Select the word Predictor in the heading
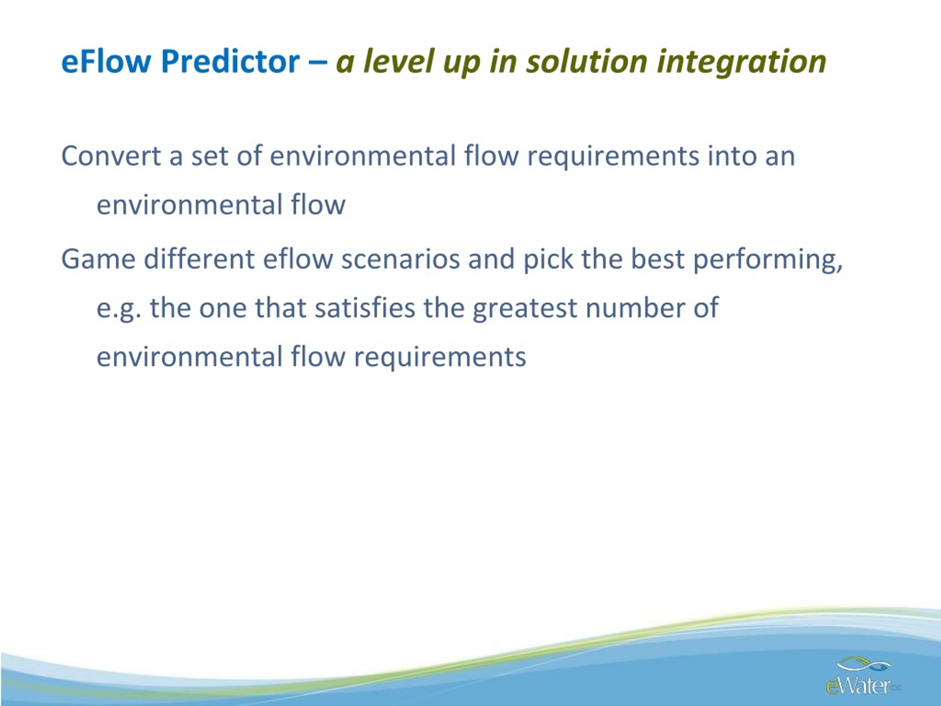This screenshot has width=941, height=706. coord(230,61)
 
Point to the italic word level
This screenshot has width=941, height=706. coord(398,61)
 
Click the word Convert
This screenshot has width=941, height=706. coord(111,156)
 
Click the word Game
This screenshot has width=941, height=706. coord(98,259)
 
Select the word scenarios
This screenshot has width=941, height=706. coord(400,259)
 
